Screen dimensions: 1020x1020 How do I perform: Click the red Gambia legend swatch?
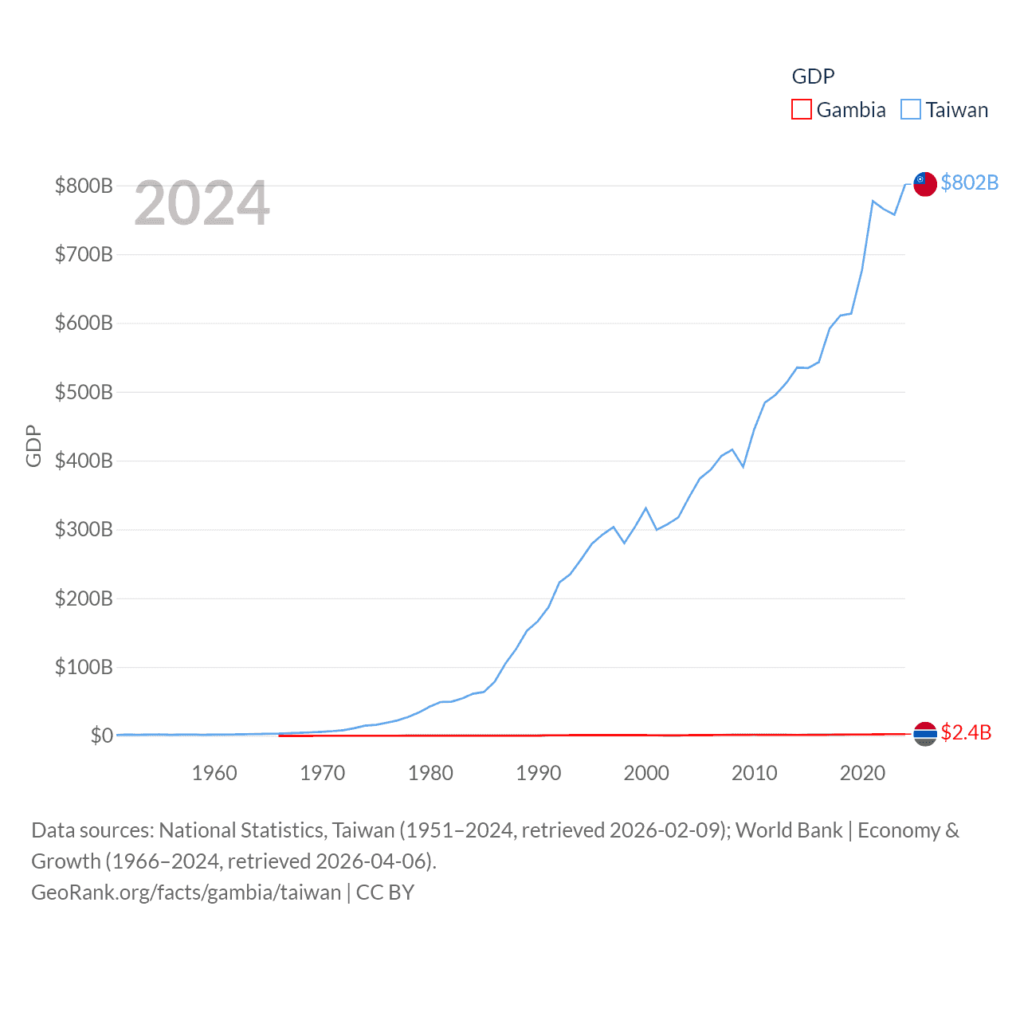click(x=801, y=109)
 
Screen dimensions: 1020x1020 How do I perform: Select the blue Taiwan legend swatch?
click(x=910, y=109)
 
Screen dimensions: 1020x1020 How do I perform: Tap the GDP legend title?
click(x=813, y=76)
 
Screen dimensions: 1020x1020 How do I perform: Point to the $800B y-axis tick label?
click(x=84, y=186)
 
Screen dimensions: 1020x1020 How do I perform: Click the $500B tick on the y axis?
click(x=84, y=392)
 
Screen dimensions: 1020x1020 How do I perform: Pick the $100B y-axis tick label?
click(x=84, y=667)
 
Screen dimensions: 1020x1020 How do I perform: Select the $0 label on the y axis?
click(x=101, y=736)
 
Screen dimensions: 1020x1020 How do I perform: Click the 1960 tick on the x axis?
click(x=214, y=773)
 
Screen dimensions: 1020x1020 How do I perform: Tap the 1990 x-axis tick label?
click(x=539, y=773)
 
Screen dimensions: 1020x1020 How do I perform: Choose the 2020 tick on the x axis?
click(x=862, y=773)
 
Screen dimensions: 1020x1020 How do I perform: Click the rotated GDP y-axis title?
click(x=33, y=446)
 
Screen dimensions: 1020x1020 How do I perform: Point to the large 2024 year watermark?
click(x=202, y=203)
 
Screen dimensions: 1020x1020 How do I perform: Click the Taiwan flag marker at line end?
click(x=924, y=183)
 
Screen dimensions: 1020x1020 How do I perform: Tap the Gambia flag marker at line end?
click(x=924, y=733)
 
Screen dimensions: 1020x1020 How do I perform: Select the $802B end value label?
click(x=969, y=182)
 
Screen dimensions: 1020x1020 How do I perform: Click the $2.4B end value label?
click(x=966, y=732)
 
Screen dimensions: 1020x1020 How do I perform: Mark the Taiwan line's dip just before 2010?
click(x=743, y=466)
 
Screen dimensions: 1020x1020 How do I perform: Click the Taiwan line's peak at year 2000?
click(x=645, y=508)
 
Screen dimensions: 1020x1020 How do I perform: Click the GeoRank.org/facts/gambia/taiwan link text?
click(x=186, y=892)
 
